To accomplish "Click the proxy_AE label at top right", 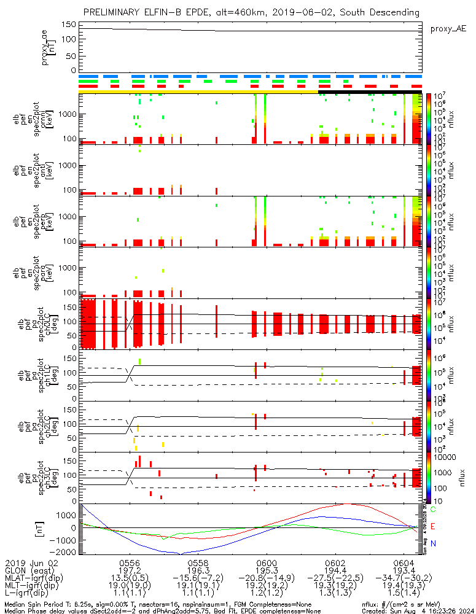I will click(x=448, y=28).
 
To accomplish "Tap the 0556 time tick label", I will click(x=130, y=562).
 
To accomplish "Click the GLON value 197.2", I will click(x=130, y=570).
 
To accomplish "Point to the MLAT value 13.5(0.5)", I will click(x=130, y=578).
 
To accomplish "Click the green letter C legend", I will click(x=434, y=510).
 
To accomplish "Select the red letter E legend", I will click(x=434, y=526).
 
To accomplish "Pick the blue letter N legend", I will click(x=434, y=543).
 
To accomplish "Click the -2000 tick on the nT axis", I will click(x=66, y=552).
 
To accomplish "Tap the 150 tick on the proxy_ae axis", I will click(x=69, y=25).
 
